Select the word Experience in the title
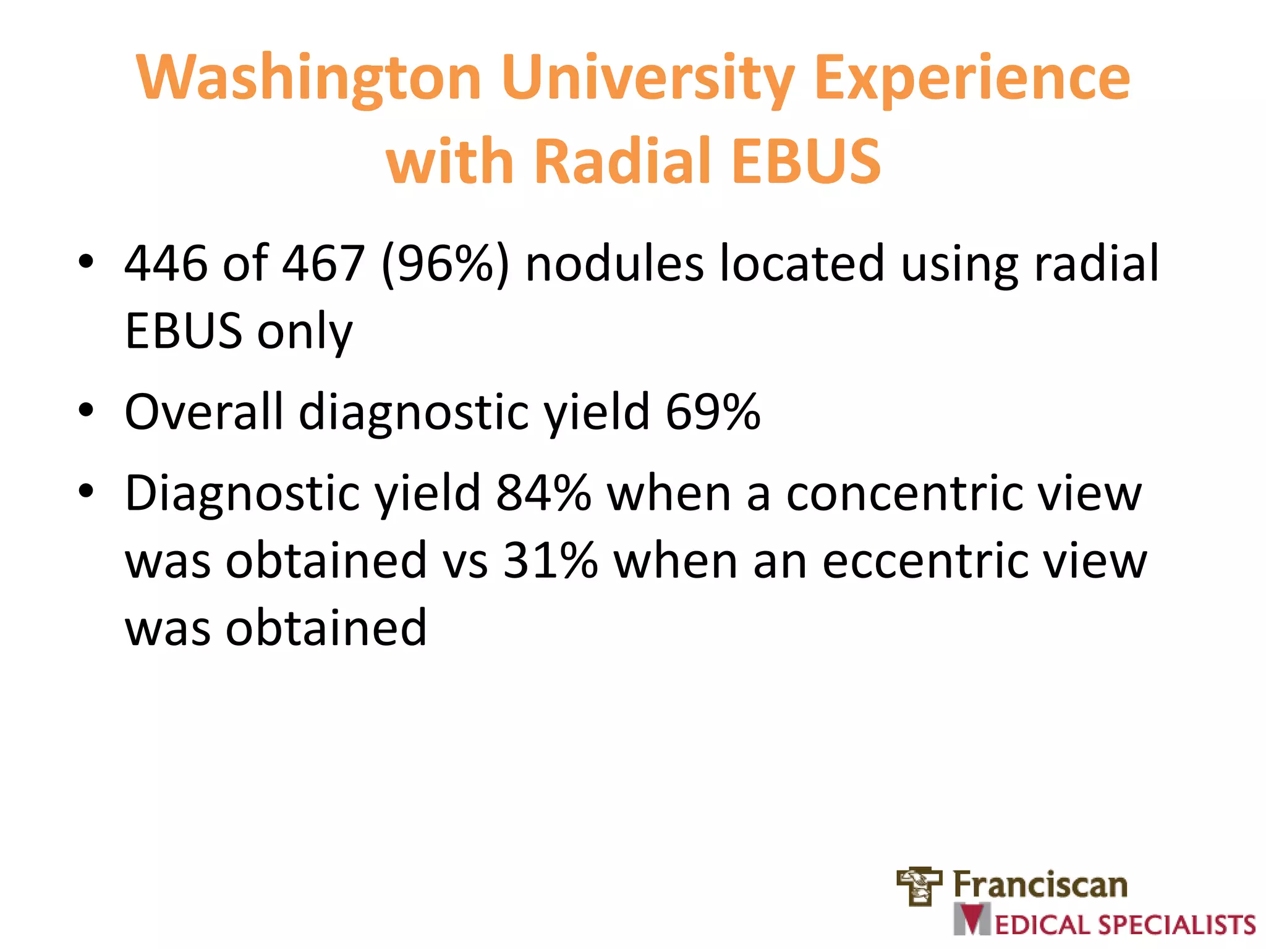tap(972, 79)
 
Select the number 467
tap(323, 264)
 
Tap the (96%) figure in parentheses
tap(445, 264)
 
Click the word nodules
tap(614, 264)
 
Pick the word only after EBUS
tap(305, 332)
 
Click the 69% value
tap(712, 411)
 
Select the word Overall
tap(203, 411)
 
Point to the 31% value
tap(550, 561)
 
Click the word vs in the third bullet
tap(465, 561)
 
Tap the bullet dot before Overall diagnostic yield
tap(86, 410)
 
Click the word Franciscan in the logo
tap(1040, 885)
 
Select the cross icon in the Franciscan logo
tap(919, 886)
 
